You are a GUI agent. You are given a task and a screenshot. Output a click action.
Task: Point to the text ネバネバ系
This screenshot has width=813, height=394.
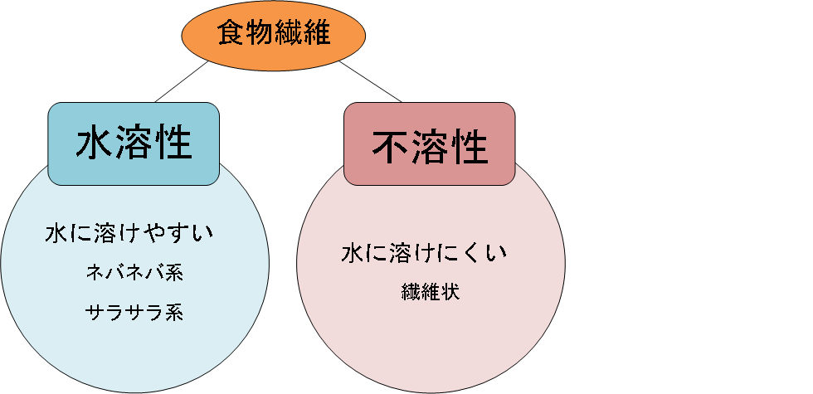(x=134, y=273)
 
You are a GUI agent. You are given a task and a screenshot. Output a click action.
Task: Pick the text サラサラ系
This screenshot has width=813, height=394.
(x=134, y=312)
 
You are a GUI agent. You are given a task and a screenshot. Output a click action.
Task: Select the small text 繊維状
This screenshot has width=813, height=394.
(x=430, y=292)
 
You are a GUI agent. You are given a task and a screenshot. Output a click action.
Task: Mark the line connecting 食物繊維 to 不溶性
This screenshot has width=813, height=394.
(x=365, y=82)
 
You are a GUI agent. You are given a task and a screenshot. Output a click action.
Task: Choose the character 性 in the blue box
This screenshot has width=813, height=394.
(x=173, y=143)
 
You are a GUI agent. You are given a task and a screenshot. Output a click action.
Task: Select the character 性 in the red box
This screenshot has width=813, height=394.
(x=469, y=148)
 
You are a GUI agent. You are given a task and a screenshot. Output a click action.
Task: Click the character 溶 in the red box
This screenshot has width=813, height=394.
(x=430, y=148)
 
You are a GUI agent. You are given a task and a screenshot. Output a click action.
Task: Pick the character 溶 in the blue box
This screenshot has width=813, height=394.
(x=134, y=143)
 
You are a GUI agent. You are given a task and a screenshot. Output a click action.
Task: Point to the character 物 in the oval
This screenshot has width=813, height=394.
(x=260, y=33)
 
